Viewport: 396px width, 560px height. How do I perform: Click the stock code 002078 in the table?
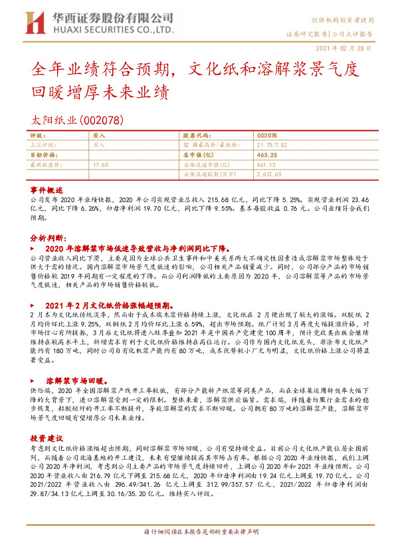[x=266, y=134]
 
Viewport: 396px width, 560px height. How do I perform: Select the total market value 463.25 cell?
[x=266, y=154]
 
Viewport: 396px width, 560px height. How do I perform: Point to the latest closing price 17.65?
[x=100, y=164]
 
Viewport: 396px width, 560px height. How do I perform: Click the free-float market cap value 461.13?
[x=265, y=164]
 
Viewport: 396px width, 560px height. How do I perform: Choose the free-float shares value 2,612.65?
[x=269, y=174]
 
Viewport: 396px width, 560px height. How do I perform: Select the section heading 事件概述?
[x=45, y=189]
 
